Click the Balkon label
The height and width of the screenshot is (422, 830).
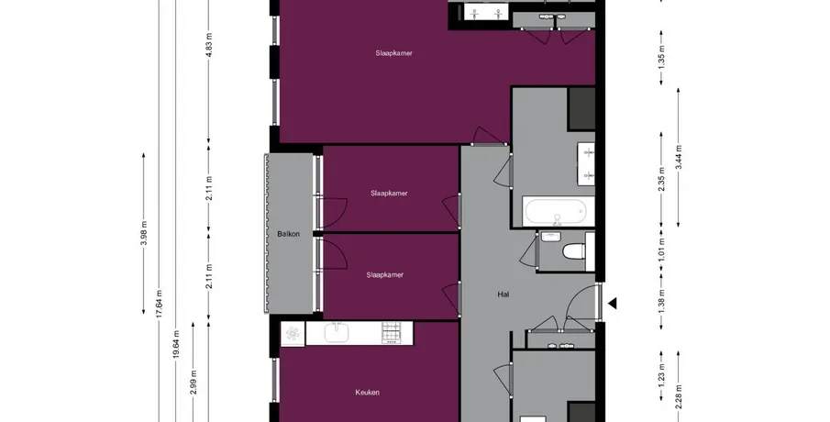289,234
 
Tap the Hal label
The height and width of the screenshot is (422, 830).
504,294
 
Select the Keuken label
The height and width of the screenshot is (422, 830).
368,393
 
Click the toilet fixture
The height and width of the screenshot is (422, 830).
574,251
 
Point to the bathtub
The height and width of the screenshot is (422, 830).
555,211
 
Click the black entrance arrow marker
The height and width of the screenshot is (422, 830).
613,304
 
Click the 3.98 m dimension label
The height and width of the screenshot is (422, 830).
143,234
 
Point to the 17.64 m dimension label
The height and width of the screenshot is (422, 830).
160,304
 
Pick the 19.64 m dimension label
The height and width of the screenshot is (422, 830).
176,345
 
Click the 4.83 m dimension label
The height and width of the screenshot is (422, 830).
209,46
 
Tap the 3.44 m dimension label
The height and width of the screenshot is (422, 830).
679,157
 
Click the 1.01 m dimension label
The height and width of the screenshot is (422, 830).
661,251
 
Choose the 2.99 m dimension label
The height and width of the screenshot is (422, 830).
194,382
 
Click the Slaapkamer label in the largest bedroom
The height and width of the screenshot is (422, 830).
393,53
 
